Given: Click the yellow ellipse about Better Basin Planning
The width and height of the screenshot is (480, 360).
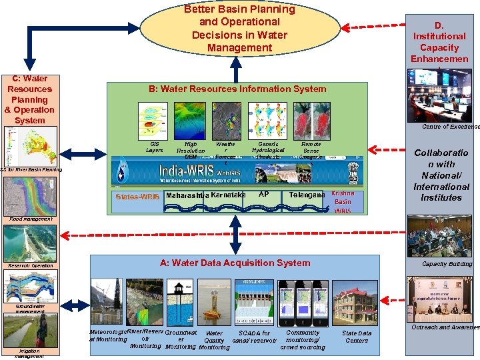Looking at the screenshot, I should point(239,29).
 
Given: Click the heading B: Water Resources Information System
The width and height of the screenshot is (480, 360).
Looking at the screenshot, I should point(237,89).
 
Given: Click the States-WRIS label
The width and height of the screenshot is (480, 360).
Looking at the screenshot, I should point(137,197).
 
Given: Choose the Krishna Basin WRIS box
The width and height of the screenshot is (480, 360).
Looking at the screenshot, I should point(343,201).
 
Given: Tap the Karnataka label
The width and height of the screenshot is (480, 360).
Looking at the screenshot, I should point(228,195).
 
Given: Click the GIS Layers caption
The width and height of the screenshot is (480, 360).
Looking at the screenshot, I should point(154,147).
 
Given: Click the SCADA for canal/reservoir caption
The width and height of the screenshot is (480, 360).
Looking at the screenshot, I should point(254,337).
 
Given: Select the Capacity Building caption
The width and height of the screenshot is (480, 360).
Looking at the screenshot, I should point(446,264).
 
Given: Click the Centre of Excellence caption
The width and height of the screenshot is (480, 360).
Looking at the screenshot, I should point(450,127).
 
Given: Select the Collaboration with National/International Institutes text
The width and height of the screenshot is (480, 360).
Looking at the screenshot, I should point(441,175).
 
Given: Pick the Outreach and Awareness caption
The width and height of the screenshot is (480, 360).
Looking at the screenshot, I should point(445,327).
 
